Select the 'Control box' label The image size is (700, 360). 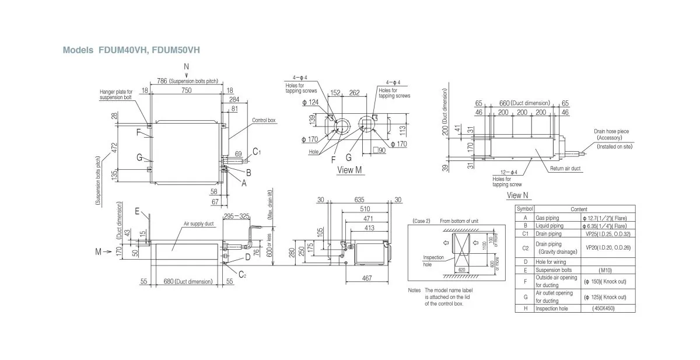tap(264, 120)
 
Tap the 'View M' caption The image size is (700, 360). tap(351, 170)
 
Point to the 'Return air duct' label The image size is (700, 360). tap(565, 168)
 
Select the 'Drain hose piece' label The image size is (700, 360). tap(611, 132)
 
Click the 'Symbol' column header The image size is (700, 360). tap(526, 208)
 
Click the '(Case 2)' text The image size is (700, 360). tap(421, 222)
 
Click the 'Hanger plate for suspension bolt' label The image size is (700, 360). tap(116, 95)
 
